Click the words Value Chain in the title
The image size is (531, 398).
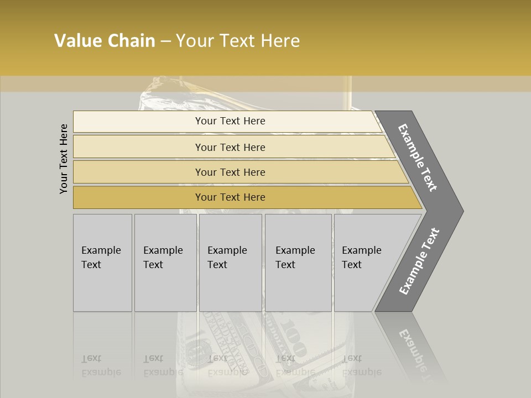tap(105, 41)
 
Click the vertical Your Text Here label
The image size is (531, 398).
tap(64, 159)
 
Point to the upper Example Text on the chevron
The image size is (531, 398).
tap(418, 158)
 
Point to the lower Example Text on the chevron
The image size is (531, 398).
tap(419, 261)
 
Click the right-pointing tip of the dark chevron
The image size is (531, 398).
tap(460, 211)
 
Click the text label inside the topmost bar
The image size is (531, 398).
tap(230, 121)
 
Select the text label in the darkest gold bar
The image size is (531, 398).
tap(230, 197)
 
